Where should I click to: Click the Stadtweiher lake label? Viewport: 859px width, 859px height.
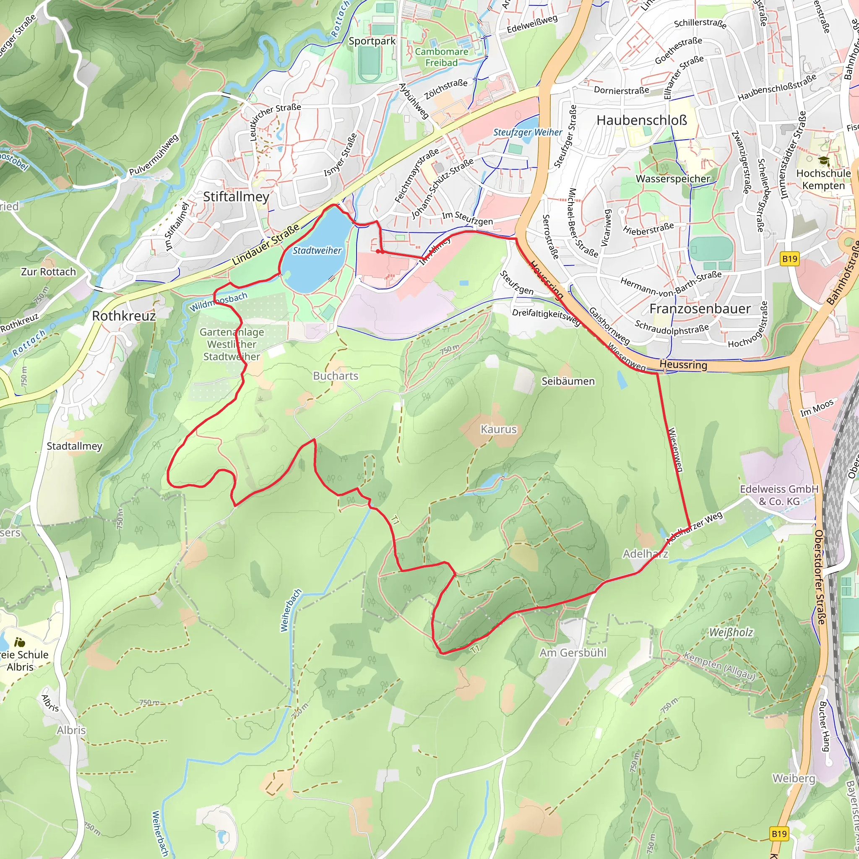point(317,251)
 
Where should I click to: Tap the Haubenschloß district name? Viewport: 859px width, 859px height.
point(641,120)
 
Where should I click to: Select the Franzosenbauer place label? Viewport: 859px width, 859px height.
point(700,309)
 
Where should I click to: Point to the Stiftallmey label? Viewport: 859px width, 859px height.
point(236,197)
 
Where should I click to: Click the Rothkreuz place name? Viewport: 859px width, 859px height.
point(124,316)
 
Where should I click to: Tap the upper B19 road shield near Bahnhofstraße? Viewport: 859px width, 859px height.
point(790,259)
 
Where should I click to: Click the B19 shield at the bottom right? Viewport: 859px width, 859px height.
point(779,834)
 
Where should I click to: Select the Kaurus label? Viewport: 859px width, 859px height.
point(498,429)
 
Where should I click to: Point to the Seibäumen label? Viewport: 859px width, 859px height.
point(568,381)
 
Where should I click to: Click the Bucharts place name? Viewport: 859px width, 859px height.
point(335,376)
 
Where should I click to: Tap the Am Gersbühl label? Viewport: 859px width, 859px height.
point(573,653)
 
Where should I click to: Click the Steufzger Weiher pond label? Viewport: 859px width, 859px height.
point(527,133)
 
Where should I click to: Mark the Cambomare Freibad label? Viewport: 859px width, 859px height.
point(441,57)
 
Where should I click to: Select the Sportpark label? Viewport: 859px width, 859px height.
point(372,41)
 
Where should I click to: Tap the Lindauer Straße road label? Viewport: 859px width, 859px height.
point(266,245)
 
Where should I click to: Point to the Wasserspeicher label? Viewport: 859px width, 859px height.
point(673,179)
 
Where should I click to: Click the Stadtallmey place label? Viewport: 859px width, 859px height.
point(74,446)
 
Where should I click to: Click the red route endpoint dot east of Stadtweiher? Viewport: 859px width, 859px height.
point(378,251)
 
